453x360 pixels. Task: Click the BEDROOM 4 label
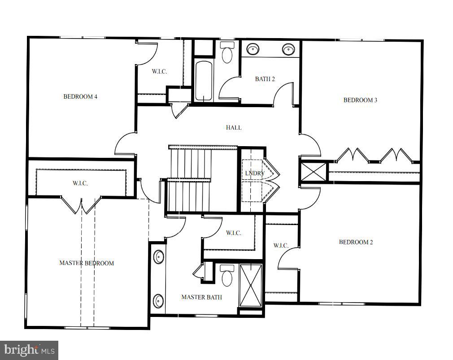tap(80, 96)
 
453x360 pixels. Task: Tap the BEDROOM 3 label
tap(360, 100)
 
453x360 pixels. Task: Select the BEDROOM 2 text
tap(356, 242)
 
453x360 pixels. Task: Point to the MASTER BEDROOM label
tap(87, 263)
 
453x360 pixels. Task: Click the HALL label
tap(233, 128)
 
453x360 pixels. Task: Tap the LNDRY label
tap(254, 173)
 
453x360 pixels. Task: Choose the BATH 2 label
tap(265, 79)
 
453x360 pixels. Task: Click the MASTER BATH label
tap(201, 297)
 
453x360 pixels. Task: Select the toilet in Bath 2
tap(227, 53)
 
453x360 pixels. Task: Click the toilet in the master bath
tap(228, 275)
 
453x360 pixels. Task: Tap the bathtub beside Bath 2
tap(204, 81)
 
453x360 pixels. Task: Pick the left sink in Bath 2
tap(253, 48)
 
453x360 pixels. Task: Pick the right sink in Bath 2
tap(287, 48)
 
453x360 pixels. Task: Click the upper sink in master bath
tap(159, 257)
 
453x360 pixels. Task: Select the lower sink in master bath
tap(159, 300)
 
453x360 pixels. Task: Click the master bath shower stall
tap(251, 285)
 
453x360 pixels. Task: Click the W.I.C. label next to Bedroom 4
tap(159, 71)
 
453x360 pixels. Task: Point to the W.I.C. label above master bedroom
tap(80, 183)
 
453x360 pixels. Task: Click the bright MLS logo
tap(29, 349)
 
